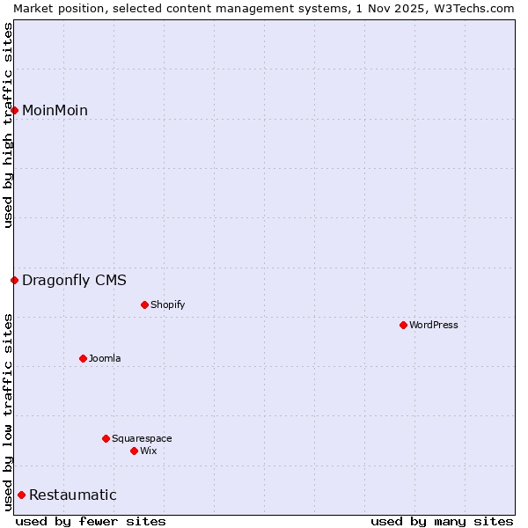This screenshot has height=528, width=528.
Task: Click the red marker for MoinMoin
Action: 15,110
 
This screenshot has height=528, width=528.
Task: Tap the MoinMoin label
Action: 55,110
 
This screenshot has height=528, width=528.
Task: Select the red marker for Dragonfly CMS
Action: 15,281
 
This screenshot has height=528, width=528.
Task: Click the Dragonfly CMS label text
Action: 74,281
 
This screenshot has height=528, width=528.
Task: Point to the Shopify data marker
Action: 144,305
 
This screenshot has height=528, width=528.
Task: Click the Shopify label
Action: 167,305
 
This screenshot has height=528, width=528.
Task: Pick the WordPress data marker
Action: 403,326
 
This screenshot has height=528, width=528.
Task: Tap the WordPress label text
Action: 433,326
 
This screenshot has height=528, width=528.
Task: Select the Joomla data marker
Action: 83,359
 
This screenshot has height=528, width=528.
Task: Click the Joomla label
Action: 105,359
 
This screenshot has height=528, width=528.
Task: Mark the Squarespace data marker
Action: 106,439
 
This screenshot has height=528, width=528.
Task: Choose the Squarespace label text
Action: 142,439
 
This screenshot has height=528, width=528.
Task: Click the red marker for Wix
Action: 134,451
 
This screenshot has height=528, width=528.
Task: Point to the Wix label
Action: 148,451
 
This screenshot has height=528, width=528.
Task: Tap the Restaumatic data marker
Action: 22,495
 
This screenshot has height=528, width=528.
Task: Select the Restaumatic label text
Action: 72,495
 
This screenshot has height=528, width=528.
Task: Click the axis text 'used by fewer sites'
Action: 91,522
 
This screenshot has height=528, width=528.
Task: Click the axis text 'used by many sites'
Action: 442,522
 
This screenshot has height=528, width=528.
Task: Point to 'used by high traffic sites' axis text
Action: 8,125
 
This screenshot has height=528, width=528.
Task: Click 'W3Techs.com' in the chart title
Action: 480,8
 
